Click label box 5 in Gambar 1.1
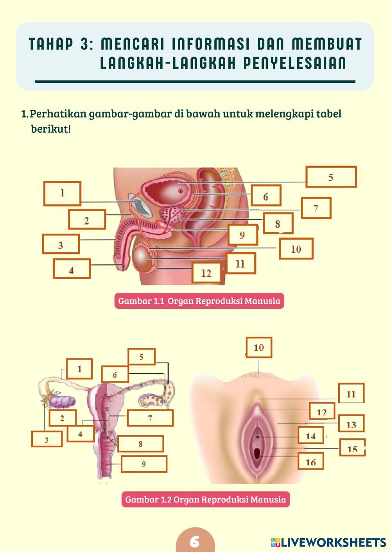point(331,177)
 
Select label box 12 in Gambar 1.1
point(206,272)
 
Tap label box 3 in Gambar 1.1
point(61,244)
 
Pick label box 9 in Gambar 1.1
point(242,235)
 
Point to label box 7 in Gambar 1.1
point(316,208)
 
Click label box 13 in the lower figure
point(351,424)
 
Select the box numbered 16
point(311,462)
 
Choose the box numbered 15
point(352,448)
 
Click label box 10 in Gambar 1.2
point(259,347)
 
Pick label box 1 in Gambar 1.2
point(79,369)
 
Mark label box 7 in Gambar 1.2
point(150,418)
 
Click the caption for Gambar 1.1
point(199,301)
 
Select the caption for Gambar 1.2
point(205,499)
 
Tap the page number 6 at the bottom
point(195,541)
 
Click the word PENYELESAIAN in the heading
point(295,63)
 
